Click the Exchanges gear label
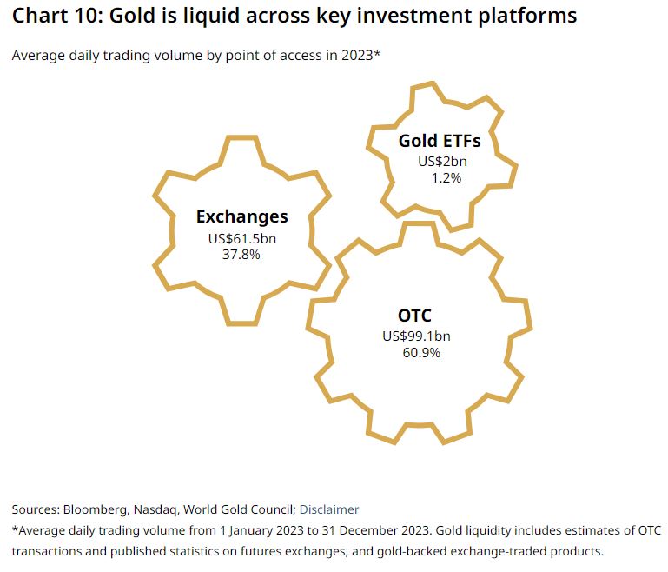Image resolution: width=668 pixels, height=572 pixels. click(241, 217)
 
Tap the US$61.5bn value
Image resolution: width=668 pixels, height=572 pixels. click(241, 238)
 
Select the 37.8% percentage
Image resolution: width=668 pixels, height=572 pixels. click(241, 255)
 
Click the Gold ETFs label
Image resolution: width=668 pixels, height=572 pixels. click(440, 141)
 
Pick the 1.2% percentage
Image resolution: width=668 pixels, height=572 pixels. click(446, 177)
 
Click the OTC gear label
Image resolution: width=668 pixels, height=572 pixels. click(413, 316)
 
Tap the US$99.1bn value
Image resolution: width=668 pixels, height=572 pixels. click(416, 336)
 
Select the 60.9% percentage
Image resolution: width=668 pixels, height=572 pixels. click(421, 353)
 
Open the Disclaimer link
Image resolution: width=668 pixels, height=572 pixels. click(328, 509)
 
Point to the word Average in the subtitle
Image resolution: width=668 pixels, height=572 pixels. click(36, 56)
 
